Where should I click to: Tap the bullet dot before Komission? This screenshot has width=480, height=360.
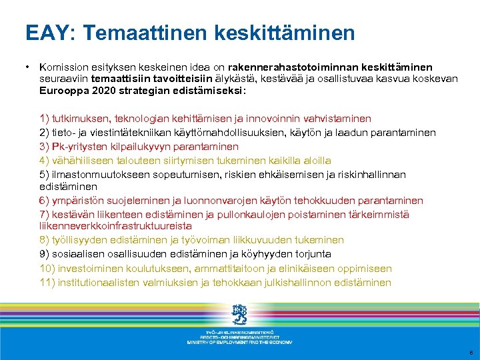pyautogui.click(x=27, y=67)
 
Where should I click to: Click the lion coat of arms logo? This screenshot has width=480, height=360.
pyautogui.click(x=239, y=313)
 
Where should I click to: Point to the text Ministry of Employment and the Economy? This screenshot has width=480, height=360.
pyautogui.click(x=239, y=341)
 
